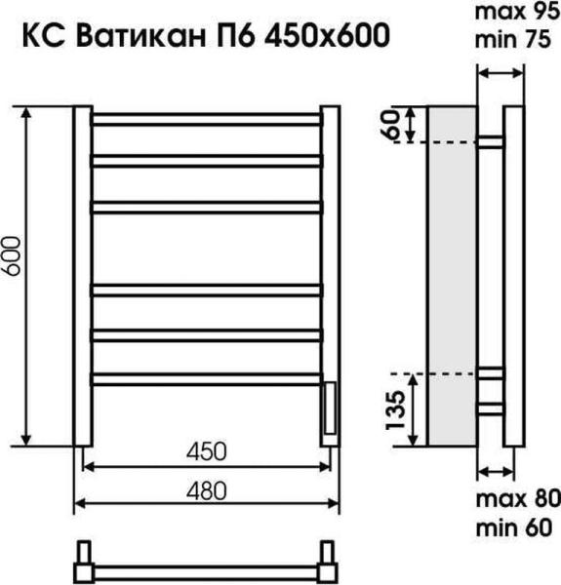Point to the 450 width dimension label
tap(206, 451)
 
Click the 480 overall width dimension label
tap(206, 493)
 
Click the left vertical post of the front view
tap(82, 278)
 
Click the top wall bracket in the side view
tap(491, 142)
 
